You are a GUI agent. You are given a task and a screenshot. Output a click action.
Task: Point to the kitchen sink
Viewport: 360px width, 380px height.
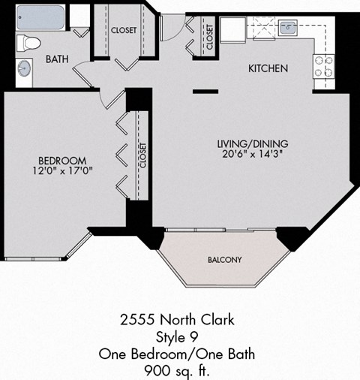coord(288,29)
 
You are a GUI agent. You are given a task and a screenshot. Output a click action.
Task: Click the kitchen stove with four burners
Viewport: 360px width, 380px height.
coord(323,67)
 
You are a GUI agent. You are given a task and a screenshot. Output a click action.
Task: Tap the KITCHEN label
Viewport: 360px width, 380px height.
coord(268,68)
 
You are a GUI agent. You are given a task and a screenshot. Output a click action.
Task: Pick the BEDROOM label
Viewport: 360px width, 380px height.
coord(62,161)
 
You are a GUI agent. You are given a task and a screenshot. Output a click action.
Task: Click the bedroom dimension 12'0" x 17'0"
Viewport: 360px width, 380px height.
coord(62,172)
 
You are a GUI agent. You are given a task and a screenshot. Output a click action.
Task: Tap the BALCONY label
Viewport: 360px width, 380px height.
coord(224,260)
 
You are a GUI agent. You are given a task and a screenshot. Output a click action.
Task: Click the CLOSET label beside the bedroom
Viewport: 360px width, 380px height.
coord(142,155)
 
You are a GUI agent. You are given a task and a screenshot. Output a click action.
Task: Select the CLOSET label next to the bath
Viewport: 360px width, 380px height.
coord(124,31)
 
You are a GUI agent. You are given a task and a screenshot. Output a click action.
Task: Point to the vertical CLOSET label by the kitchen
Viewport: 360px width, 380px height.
coord(210,36)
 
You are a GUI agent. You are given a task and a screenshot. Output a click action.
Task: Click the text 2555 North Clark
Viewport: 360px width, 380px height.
coord(177,320)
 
